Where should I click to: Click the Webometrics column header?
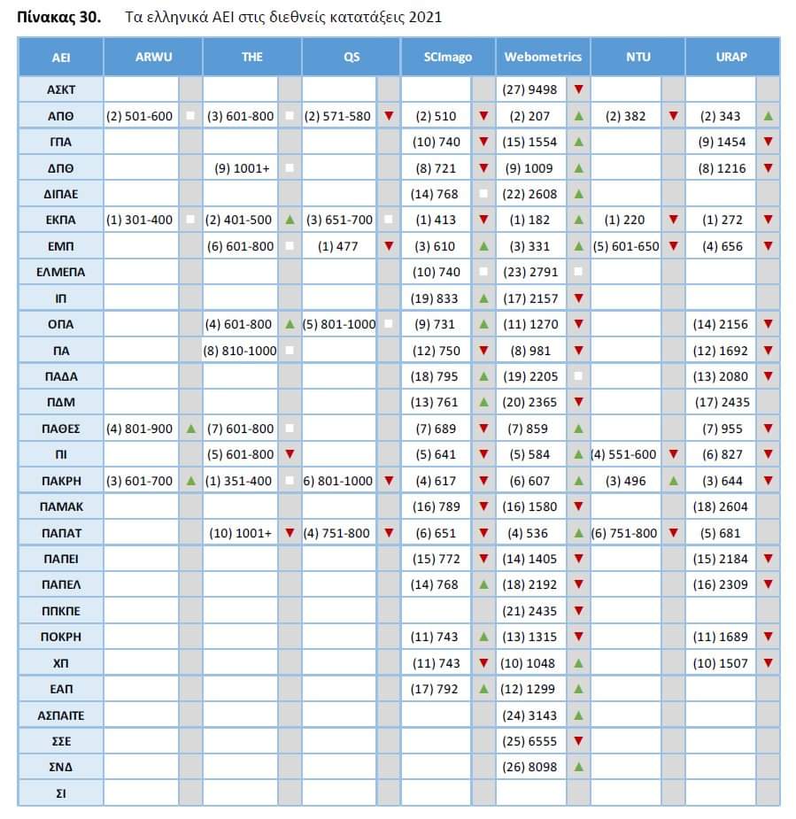pos(543,57)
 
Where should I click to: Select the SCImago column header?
pos(448,57)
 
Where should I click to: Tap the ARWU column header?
pos(153,57)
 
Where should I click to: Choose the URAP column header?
pos(731,57)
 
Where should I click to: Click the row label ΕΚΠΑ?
pos(60,220)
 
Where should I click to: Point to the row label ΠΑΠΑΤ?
pos(60,533)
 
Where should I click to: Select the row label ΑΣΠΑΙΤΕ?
pos(60,715)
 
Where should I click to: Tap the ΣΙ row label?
pos(60,793)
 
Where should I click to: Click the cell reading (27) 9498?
pos(529,89)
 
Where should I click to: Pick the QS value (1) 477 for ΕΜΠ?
pos(338,246)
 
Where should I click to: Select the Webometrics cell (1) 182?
pos(529,220)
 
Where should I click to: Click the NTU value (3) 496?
pos(625,481)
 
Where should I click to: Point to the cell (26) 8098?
pos(529,767)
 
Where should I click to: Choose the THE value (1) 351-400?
pos(239,481)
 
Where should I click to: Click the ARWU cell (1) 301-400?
pos(140,220)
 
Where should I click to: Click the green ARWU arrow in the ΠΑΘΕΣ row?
pos(190,429)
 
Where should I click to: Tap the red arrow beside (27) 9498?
pos(578,89)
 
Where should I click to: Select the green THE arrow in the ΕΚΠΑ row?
pos(290,220)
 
